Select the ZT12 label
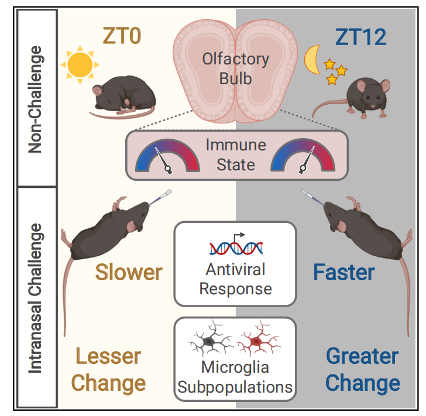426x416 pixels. click(360, 37)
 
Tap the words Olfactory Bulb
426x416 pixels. click(235, 68)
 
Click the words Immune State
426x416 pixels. click(235, 154)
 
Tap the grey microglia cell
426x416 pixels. click(209, 340)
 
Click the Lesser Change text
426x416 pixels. click(109, 369)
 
